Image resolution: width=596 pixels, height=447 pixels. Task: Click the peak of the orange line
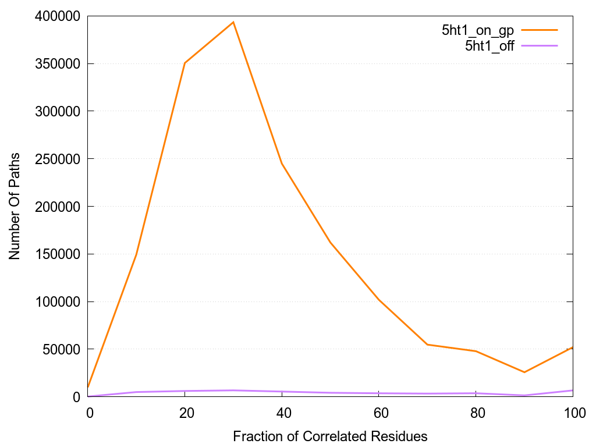(x=233, y=22)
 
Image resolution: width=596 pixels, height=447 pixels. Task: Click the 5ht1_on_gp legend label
(x=477, y=31)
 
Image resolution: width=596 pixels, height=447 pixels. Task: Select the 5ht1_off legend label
(x=489, y=47)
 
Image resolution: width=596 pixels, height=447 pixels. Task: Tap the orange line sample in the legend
(x=540, y=30)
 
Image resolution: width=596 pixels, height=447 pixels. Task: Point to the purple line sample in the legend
(x=540, y=45)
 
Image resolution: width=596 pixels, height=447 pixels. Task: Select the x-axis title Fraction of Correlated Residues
(x=330, y=436)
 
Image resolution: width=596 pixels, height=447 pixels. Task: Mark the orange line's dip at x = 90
(x=524, y=372)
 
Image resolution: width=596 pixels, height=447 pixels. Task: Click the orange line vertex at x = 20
(x=185, y=63)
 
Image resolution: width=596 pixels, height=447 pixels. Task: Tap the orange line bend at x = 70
(x=427, y=345)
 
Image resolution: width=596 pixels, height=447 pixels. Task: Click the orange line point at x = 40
(x=282, y=164)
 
